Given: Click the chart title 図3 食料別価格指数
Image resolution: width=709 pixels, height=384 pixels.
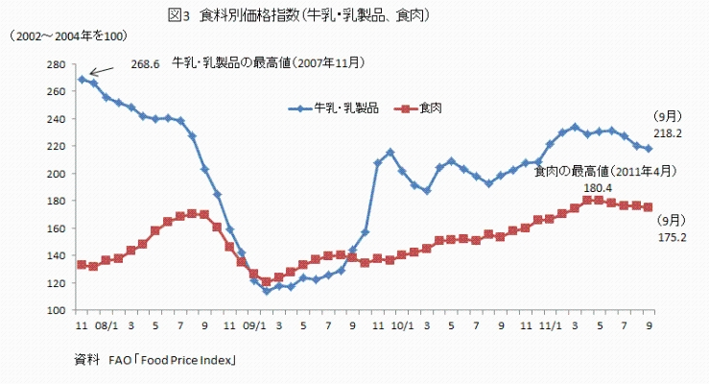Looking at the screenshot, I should point(296,15).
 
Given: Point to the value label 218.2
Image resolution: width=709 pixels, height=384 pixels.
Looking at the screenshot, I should point(668,134).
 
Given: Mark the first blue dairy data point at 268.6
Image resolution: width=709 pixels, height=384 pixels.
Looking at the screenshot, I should point(82,80).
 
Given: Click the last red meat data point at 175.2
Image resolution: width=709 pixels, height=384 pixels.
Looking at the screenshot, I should point(649,206).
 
